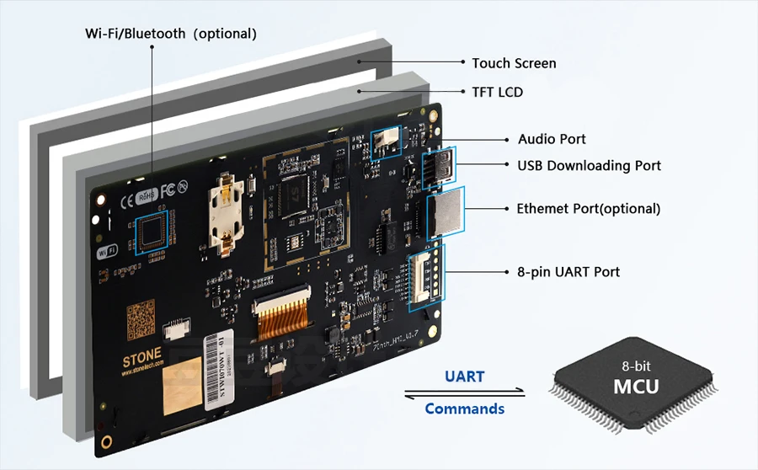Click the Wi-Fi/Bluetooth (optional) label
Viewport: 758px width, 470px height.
(170, 34)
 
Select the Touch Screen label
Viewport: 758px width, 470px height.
(514, 63)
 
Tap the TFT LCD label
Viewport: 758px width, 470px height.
(497, 92)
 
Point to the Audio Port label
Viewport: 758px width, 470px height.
(552, 139)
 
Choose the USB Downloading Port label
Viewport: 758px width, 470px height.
(589, 165)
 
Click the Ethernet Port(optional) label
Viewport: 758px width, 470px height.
(588, 208)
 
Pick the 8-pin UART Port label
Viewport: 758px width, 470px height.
(568, 272)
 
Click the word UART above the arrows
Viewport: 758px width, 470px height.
(464, 377)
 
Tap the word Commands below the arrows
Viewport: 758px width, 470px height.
(464, 409)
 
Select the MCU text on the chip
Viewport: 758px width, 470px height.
(635, 387)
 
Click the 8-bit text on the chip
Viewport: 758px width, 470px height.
(636, 366)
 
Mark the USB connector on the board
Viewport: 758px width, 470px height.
(438, 168)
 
